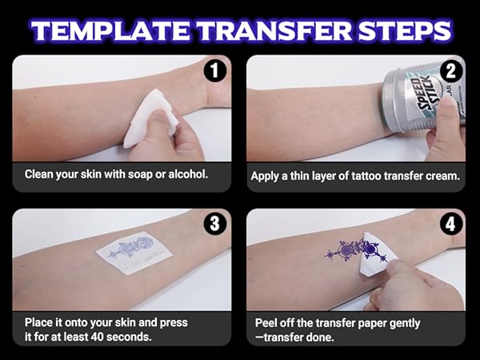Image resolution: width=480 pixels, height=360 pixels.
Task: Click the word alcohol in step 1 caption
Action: (186, 174)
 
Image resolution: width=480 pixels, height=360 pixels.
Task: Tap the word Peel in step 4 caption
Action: (267, 322)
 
